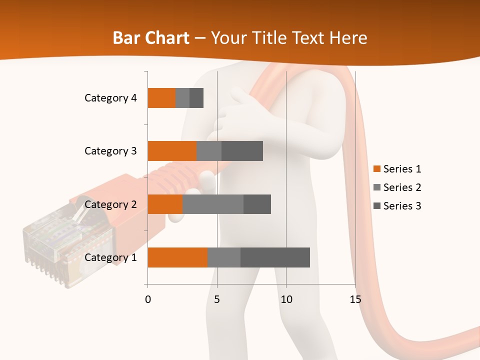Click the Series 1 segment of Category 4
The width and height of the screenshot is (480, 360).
[x=161, y=98]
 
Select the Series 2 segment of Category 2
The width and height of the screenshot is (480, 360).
[x=213, y=204]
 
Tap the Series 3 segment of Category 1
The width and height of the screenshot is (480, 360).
[x=275, y=257]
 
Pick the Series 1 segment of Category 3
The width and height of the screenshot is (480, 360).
[x=172, y=151]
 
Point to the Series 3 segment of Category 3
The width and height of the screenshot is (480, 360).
[x=242, y=151]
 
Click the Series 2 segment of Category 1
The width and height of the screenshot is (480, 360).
[x=224, y=257]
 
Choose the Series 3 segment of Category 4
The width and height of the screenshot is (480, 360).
[x=196, y=98]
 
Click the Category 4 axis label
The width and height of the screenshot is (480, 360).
[x=110, y=98]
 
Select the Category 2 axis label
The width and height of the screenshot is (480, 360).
[x=110, y=204]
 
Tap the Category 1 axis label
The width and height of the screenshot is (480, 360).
[x=110, y=257]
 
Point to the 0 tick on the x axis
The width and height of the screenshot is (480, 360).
[x=148, y=299]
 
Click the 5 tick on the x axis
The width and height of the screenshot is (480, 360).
[x=217, y=299]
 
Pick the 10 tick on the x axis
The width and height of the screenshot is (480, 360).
[x=286, y=299]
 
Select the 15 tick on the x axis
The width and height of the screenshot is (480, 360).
[x=355, y=299]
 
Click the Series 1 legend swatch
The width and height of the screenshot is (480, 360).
[x=377, y=169]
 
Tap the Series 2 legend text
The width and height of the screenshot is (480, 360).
[x=402, y=187]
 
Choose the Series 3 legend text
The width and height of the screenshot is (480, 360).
[x=402, y=206]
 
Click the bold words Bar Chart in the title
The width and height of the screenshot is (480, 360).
[x=151, y=38]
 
